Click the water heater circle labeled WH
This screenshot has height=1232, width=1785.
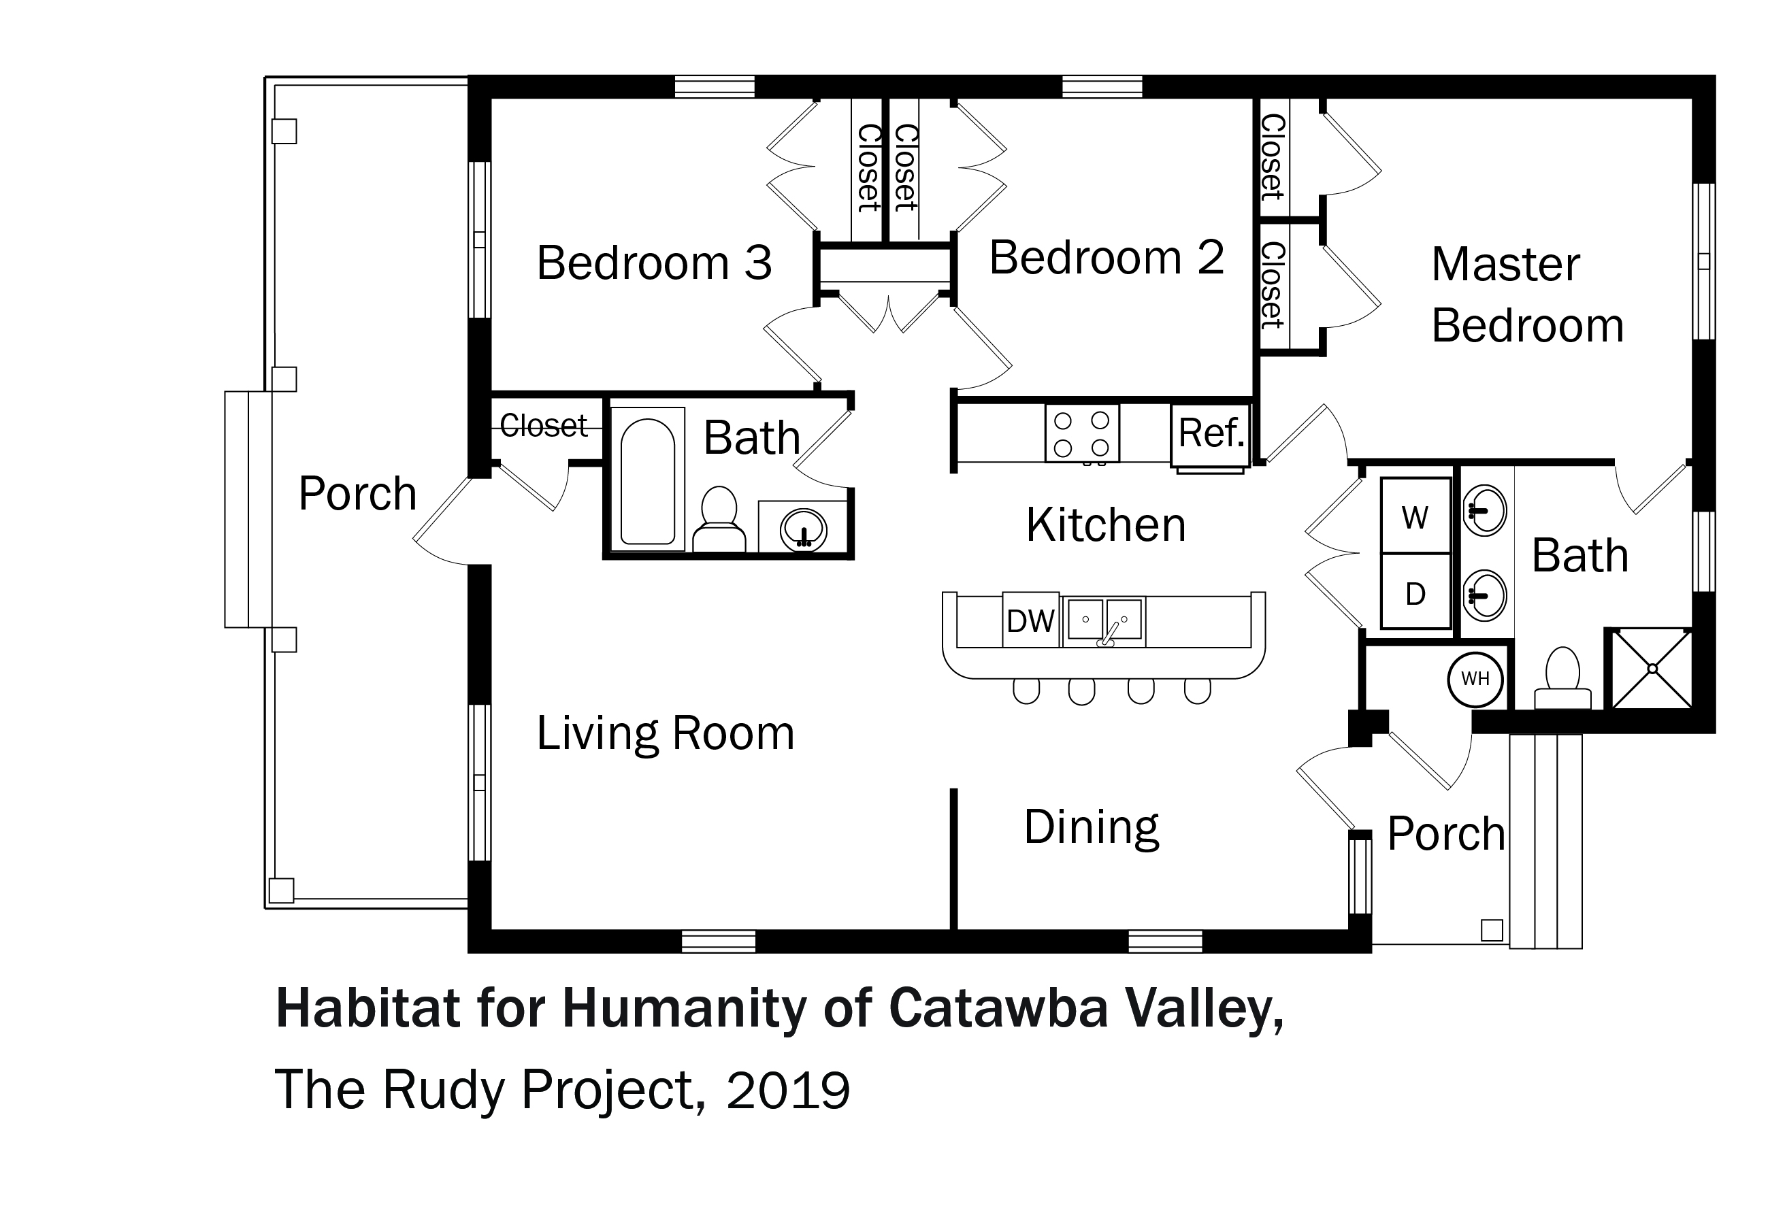pos(1475,680)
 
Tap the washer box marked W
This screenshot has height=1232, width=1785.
pos(1415,516)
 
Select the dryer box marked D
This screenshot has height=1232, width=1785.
pos(1415,591)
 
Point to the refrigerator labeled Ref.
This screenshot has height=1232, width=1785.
pos(1210,435)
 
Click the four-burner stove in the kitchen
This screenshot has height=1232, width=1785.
pos(1081,434)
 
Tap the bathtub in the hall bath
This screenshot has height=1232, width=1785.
pos(648,481)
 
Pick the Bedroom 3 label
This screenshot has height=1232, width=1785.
pos(654,263)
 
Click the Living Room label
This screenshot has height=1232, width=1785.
pos(666,733)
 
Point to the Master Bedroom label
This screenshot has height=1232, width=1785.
pos(1527,294)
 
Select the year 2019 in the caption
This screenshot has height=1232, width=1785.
pos(787,1091)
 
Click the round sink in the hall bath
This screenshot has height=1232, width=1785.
pos(804,529)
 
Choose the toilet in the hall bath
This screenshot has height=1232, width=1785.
pos(719,519)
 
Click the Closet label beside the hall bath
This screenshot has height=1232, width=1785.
pos(544,425)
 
